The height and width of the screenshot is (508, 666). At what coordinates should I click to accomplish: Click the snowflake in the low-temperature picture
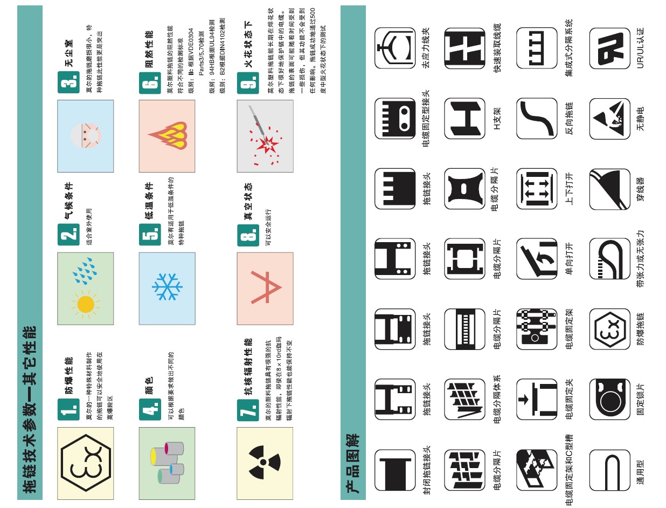(167, 287)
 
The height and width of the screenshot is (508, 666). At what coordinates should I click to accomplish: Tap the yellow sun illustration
(86, 304)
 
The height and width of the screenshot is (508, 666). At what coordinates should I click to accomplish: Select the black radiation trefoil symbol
(264, 462)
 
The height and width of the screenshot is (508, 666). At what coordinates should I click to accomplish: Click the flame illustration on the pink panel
(168, 135)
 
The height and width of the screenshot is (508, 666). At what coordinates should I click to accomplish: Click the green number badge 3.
(68, 82)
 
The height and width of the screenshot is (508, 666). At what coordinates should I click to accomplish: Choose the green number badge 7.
(248, 410)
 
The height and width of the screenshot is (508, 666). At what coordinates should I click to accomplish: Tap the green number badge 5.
(150, 235)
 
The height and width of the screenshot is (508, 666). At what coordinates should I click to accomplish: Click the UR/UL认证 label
(640, 48)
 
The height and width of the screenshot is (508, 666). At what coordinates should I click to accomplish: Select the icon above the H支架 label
(464, 118)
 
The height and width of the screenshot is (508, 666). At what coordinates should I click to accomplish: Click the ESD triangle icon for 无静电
(610, 119)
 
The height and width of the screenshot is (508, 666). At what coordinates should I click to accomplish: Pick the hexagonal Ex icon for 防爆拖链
(610, 329)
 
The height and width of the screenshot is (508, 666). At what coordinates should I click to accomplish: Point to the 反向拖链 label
(569, 118)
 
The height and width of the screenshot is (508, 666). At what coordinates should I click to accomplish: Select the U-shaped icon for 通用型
(610, 470)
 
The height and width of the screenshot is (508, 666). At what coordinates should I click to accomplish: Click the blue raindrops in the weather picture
(85, 271)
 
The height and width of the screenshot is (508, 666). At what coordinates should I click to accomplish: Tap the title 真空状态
(248, 201)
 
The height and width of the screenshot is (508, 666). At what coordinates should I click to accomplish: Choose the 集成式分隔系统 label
(569, 48)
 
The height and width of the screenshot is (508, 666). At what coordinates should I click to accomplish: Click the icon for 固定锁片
(610, 399)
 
